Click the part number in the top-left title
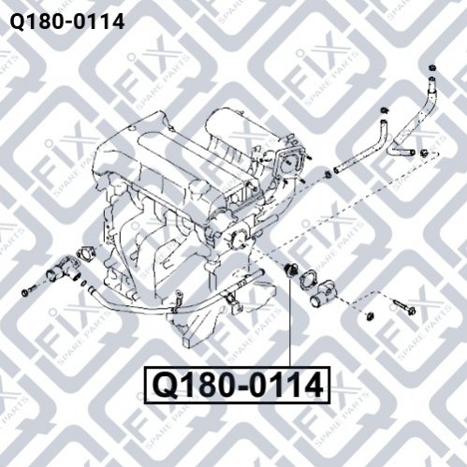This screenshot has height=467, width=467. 67,22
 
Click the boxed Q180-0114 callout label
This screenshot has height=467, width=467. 237,385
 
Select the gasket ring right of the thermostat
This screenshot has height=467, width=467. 308,278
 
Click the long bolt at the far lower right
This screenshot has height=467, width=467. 403,306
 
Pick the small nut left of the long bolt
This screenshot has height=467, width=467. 370,315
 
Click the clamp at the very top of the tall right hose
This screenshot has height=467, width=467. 432,67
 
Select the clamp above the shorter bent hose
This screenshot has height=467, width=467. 384,110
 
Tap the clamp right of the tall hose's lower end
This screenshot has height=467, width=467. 424,153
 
